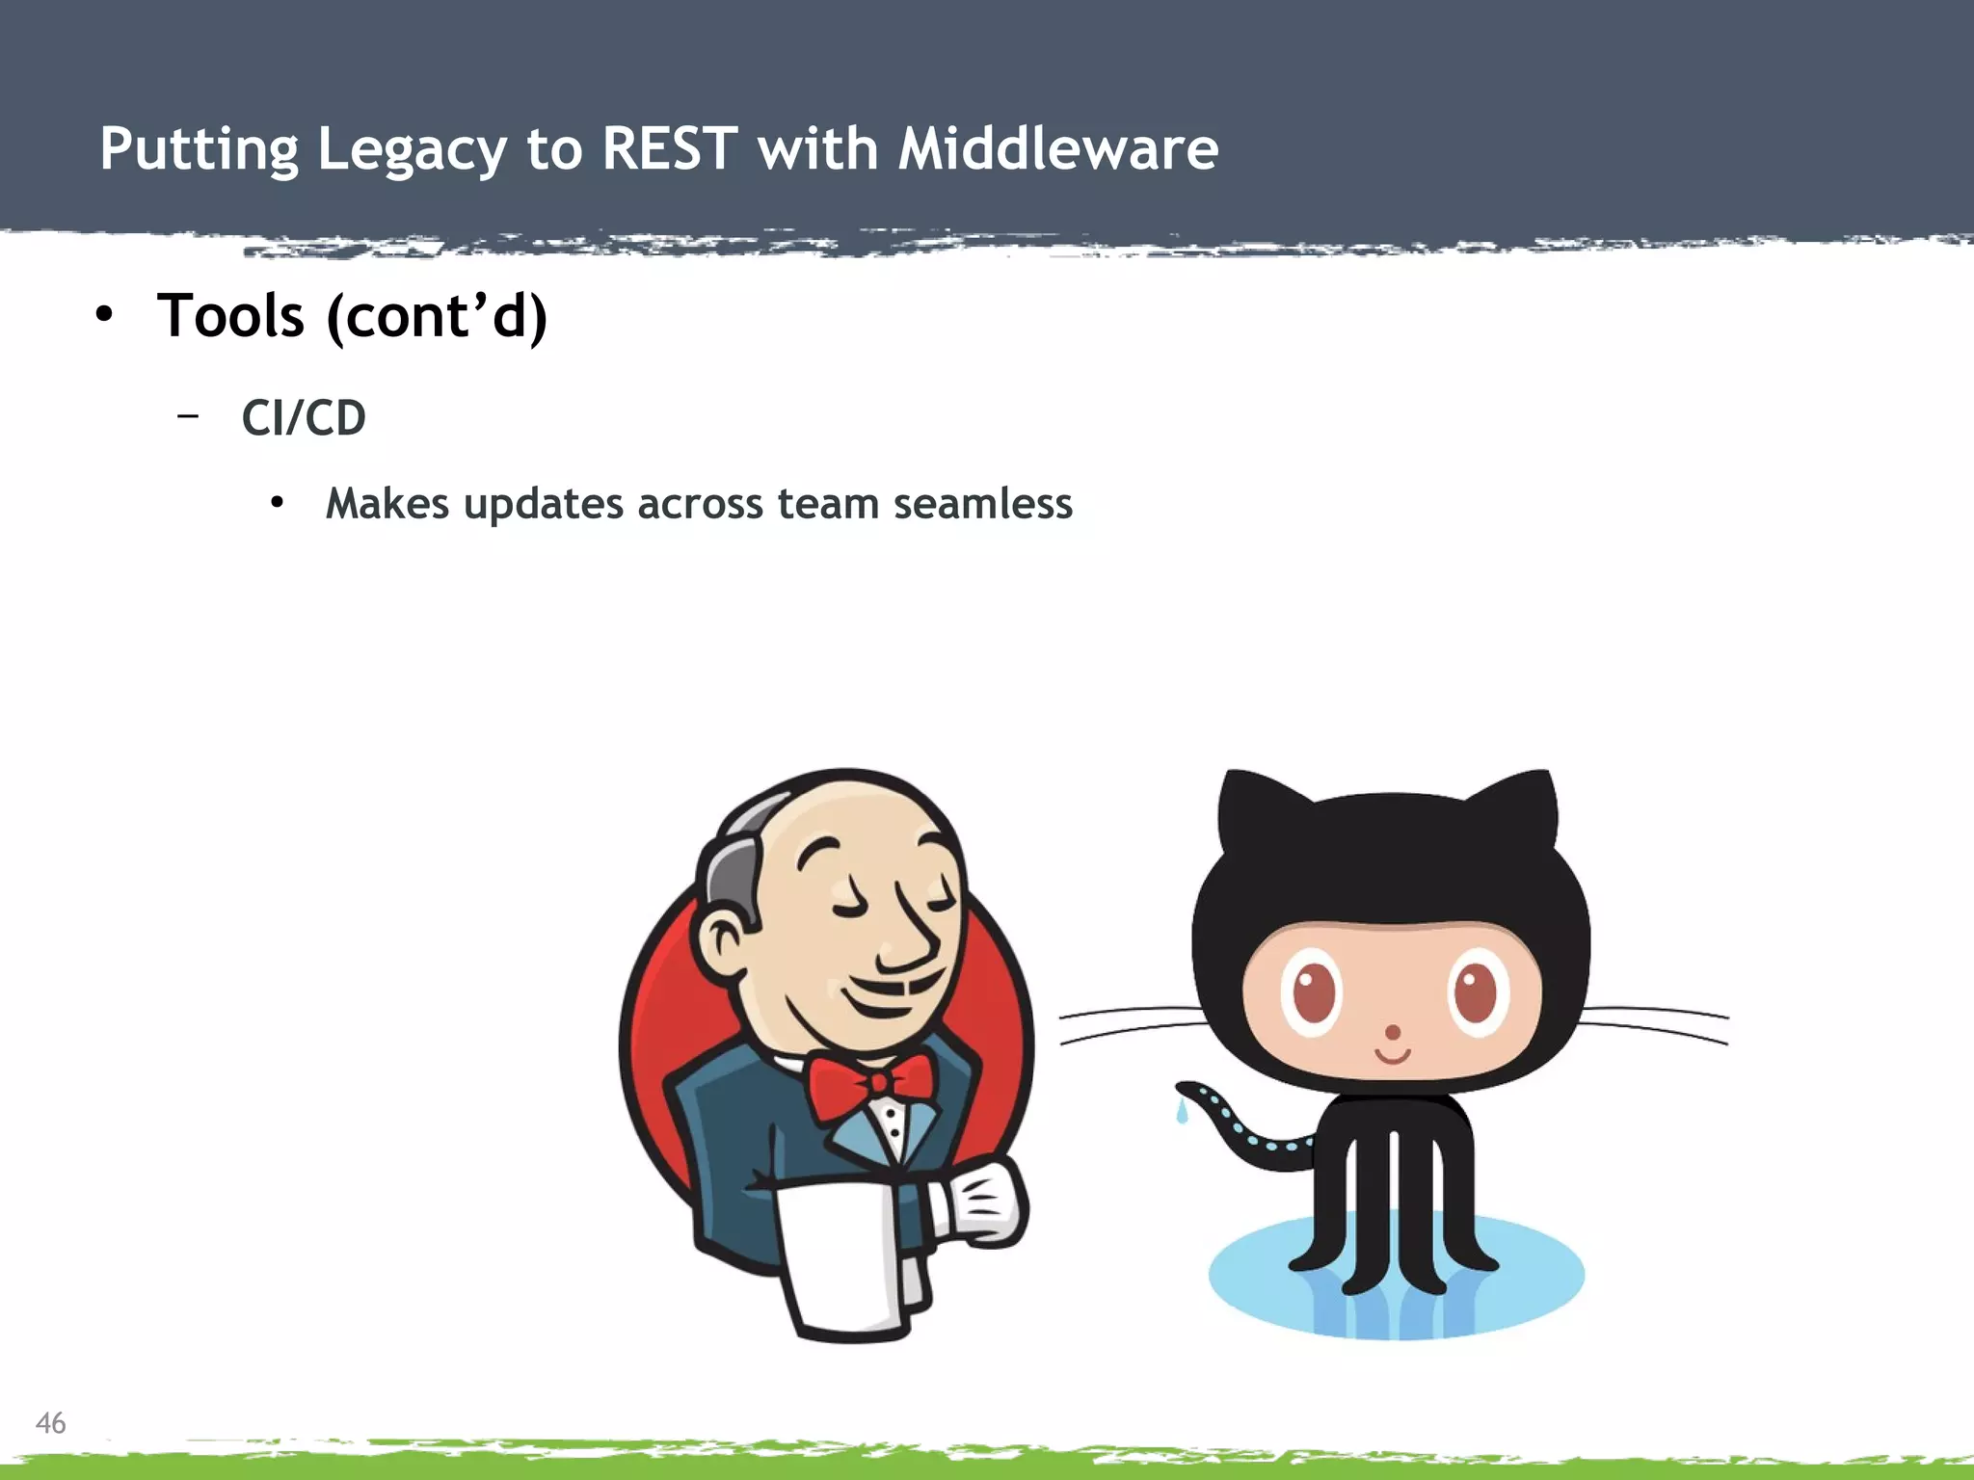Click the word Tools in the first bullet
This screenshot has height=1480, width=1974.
pos(231,316)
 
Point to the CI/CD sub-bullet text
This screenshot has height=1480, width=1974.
pos(304,418)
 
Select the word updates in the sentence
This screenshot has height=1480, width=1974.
pos(544,504)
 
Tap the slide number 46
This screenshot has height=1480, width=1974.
pos(50,1423)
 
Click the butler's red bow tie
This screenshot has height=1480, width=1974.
pos(869,1084)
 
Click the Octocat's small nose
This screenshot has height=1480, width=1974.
pos(1392,1033)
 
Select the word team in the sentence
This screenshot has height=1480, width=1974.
pos(827,504)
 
